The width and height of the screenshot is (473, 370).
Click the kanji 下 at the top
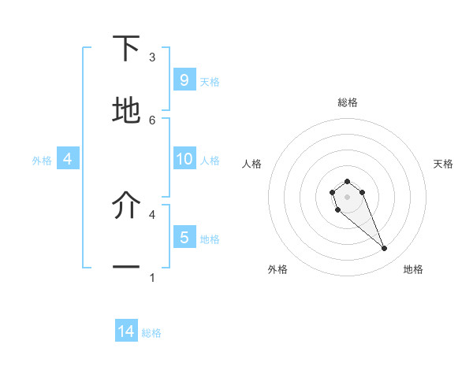click(126, 49)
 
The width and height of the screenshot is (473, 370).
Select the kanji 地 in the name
click(126, 110)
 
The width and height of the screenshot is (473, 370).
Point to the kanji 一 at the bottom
click(126, 268)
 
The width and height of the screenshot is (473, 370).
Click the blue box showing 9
click(184, 80)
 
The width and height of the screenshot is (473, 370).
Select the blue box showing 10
click(184, 159)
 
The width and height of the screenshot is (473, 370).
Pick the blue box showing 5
click(184, 237)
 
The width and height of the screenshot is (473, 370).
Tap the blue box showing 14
click(126, 331)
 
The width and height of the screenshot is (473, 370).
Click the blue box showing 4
click(67, 159)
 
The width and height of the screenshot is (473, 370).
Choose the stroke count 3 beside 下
click(152, 57)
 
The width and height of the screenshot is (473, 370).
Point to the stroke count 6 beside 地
click(152, 120)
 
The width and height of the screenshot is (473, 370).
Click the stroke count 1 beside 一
click(152, 277)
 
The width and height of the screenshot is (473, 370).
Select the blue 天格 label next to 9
click(210, 81)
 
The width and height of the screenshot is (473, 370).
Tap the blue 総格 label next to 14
click(151, 333)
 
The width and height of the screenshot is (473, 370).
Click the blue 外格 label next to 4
click(42, 161)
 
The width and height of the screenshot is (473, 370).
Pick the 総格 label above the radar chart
click(348, 102)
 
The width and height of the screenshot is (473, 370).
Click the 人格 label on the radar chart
click(252, 164)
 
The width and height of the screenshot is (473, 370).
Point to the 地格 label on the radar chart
click(413, 269)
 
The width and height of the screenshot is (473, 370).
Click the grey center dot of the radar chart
click(347, 196)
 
